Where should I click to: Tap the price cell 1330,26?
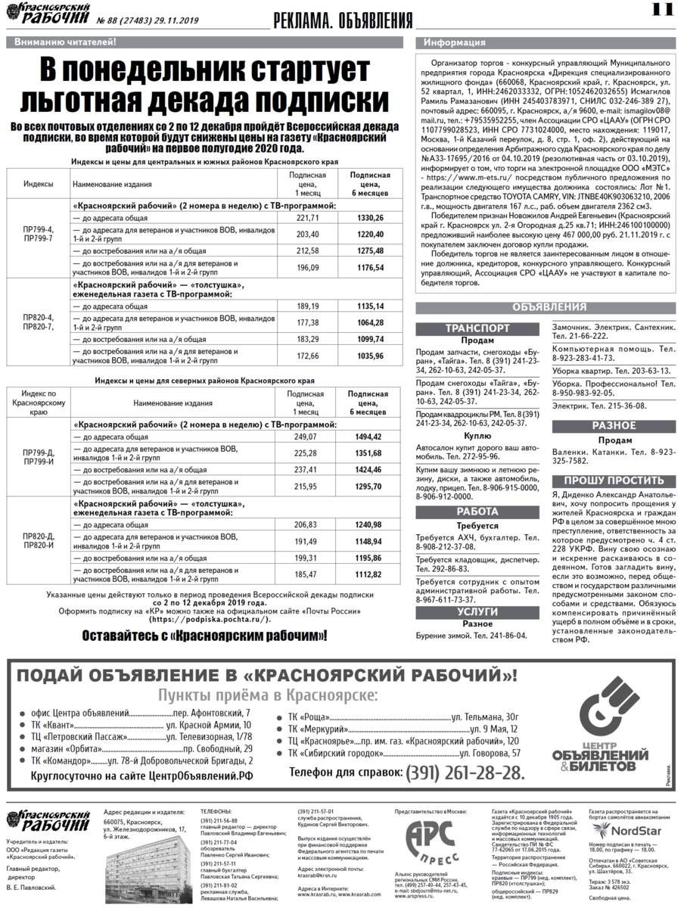coord(370,218)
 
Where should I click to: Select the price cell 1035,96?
coord(370,355)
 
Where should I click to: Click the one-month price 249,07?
coord(305,437)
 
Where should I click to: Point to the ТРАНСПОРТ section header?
coord(477,328)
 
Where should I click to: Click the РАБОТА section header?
coord(477,512)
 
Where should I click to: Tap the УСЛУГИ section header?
coord(477,611)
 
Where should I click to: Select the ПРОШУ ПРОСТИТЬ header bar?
coord(614,480)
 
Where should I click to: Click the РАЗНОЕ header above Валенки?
coord(614,426)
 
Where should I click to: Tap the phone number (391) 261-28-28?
coord(465,773)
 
